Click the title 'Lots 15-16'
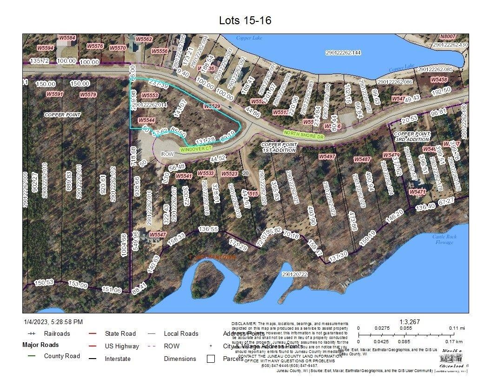pos(245,20)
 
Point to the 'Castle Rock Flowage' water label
pos(445,239)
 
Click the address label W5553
pos(150,95)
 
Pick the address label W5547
pos(158,234)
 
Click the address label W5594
pos(46,47)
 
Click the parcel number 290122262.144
pos(343,53)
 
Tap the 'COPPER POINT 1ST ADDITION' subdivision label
pos(279,147)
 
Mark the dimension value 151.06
pos(111,290)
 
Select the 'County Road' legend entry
pos(62,356)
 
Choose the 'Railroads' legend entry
pos(57,333)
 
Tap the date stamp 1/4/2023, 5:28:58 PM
pos(53,322)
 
